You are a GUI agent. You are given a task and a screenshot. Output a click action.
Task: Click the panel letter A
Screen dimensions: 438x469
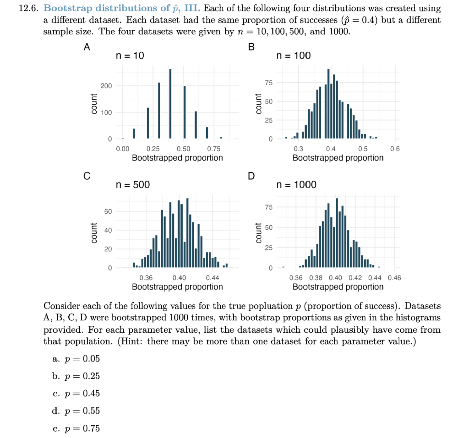point(87,47)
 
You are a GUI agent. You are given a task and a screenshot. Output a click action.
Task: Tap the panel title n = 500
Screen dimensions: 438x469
point(133,184)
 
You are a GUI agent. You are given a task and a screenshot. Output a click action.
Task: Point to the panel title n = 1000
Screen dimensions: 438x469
point(297,184)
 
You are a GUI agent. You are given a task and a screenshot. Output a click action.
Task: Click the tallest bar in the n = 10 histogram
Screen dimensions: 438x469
point(170,103)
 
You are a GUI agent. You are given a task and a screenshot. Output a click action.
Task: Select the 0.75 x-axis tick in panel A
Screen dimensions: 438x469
point(213,149)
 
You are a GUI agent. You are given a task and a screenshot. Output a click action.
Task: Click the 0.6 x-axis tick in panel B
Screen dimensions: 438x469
point(394,149)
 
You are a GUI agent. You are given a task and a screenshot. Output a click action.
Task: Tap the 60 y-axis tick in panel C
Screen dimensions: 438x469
point(108,211)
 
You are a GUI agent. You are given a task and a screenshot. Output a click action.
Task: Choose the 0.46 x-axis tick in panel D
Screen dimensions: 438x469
point(394,278)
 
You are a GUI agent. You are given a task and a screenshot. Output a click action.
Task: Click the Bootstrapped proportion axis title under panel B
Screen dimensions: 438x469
point(338,158)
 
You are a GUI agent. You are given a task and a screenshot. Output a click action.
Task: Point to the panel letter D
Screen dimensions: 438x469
point(251,176)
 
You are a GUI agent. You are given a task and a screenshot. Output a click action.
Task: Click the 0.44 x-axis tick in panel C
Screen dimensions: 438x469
point(213,278)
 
